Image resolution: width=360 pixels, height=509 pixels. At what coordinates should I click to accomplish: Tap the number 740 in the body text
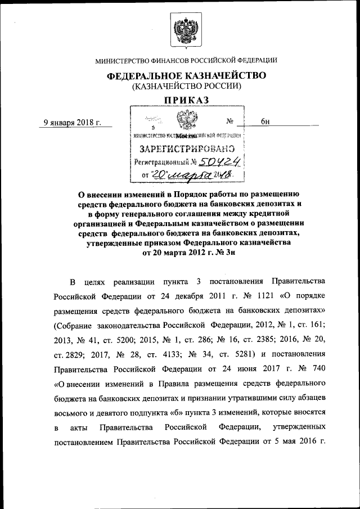pyautogui.click(x=317, y=370)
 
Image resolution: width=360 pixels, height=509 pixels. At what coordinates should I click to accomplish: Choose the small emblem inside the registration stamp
pyautogui.click(x=183, y=120)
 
